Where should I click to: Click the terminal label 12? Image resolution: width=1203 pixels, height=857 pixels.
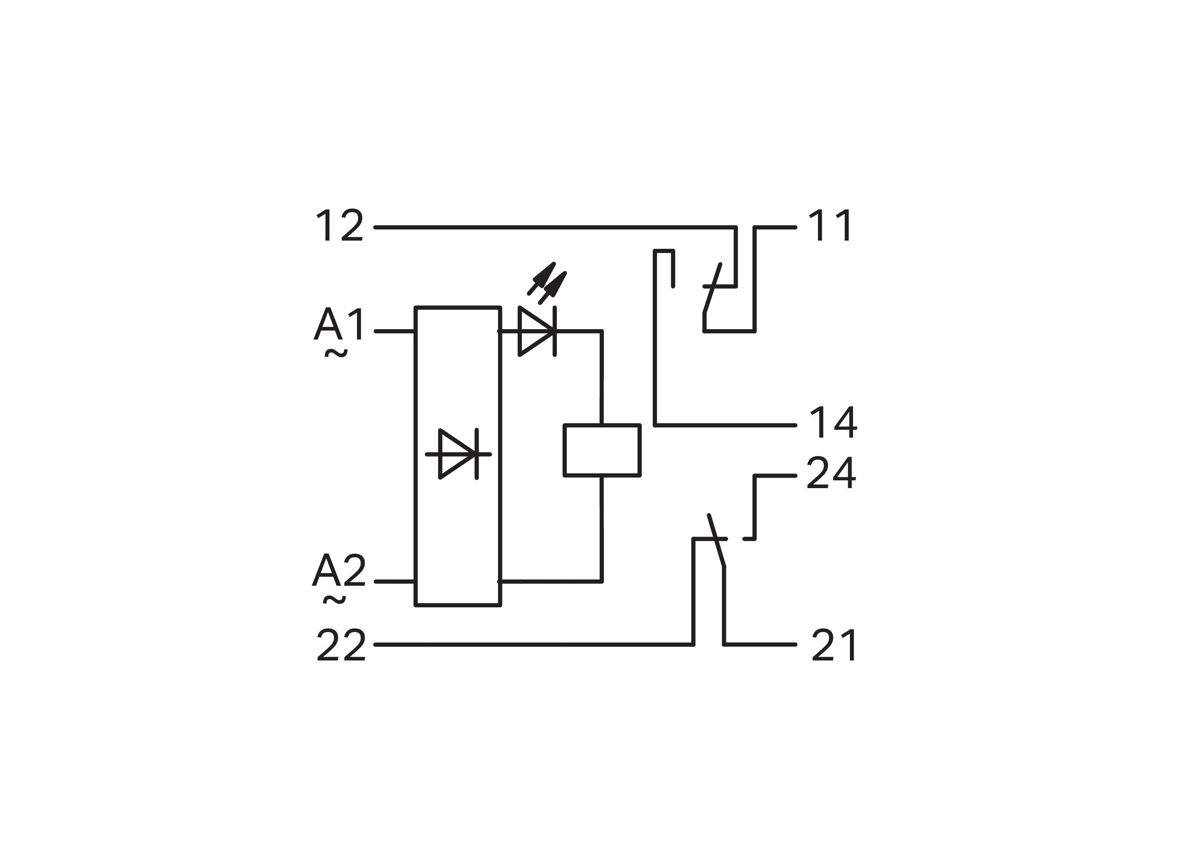coord(339,226)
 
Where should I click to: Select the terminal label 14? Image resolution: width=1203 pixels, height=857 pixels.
coord(833,423)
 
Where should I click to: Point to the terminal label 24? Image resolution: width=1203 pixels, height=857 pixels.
coord(830,473)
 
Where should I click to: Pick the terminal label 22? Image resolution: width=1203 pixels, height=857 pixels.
coord(341,645)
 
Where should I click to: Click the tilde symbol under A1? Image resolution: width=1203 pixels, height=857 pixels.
coord(336,354)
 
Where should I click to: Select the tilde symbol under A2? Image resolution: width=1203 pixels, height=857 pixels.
coord(335,600)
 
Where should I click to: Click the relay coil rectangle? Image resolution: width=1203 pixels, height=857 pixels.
coord(602,450)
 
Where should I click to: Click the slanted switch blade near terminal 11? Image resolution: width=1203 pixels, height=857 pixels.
coord(712,289)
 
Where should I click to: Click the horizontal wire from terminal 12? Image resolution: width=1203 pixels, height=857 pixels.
coord(554,228)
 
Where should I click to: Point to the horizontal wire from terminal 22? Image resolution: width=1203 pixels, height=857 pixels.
coord(533,644)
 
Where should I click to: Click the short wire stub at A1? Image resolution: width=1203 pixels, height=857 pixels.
coord(395,331)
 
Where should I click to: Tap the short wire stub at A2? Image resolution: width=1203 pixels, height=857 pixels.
coord(395,581)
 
